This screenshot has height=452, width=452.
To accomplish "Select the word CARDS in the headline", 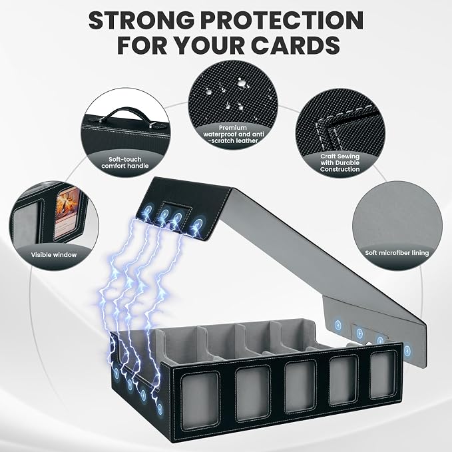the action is coord(295,45).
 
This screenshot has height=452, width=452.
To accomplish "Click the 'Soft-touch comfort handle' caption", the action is coord(125,162).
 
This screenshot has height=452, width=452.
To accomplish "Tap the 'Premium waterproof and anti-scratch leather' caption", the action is coord(234,134).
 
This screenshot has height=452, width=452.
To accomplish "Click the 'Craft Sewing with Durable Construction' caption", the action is coord(340,162).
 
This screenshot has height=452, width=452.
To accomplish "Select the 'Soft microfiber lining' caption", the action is coord(397,253).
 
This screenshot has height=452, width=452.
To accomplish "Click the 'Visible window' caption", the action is coord(54,255).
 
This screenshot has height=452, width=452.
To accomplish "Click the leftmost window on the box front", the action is coord(200,398).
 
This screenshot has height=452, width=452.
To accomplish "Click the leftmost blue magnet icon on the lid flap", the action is coord(149,209).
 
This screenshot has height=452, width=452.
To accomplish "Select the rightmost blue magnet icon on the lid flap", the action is coord(198,224).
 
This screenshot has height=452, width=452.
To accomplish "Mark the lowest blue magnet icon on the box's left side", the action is coord(160,409).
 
